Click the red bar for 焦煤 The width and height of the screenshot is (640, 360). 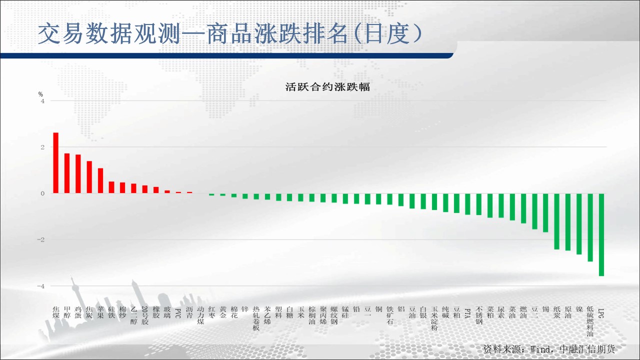tap(56, 163)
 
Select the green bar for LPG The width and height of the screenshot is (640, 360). tap(601, 234)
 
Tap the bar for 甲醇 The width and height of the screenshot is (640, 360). tap(67, 173)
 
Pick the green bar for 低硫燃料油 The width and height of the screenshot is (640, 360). tap(590, 227)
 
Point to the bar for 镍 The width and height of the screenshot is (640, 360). tap(579, 224)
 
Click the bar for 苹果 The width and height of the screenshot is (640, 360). tap(100, 181)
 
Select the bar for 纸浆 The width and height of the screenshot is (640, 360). tap(557, 221)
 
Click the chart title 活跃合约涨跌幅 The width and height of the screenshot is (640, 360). tap(327, 87)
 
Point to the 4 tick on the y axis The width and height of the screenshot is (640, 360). tap(43, 101)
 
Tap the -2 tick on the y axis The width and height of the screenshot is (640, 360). tap(41, 239)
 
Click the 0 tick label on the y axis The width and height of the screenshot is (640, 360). tap(43, 193)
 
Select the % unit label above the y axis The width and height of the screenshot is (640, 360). tap(40, 94)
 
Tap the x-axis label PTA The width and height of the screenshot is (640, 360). tap(467, 313)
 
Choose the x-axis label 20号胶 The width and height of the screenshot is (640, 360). tap(145, 315)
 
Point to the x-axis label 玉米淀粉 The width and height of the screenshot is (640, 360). tap(434, 318)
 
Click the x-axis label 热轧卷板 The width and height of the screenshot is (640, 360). tap(256, 318)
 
